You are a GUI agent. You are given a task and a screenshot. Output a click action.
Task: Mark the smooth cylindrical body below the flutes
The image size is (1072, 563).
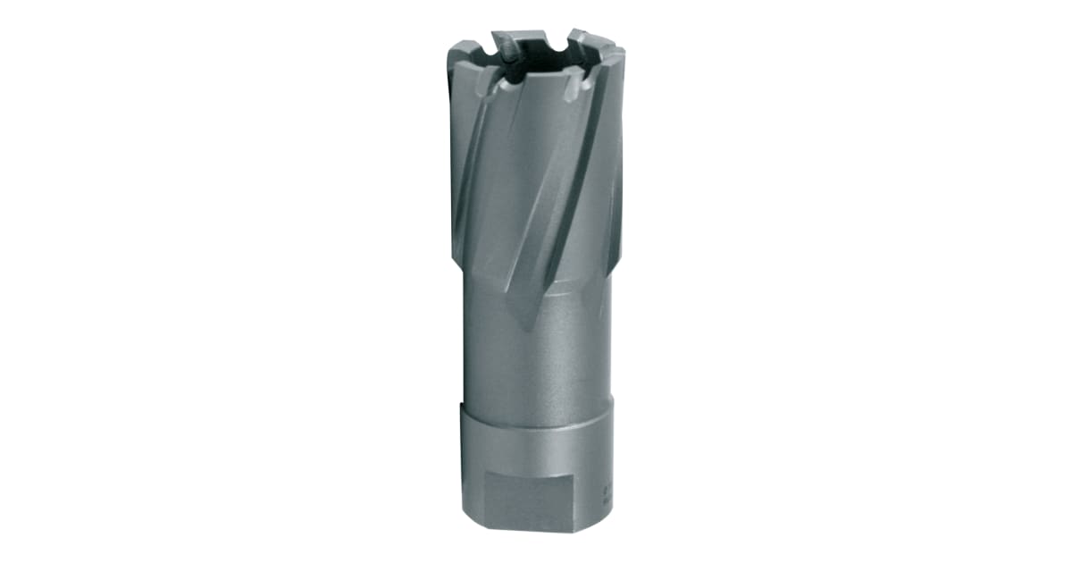(536, 357)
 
